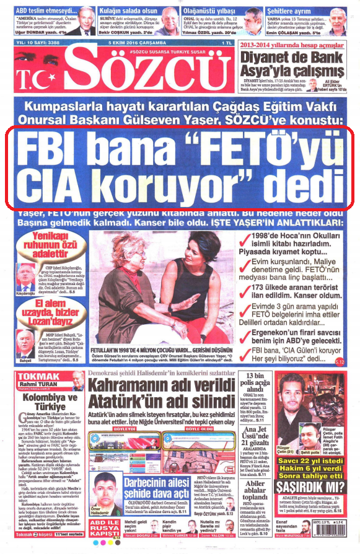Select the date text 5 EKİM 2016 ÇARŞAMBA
[134, 42]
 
